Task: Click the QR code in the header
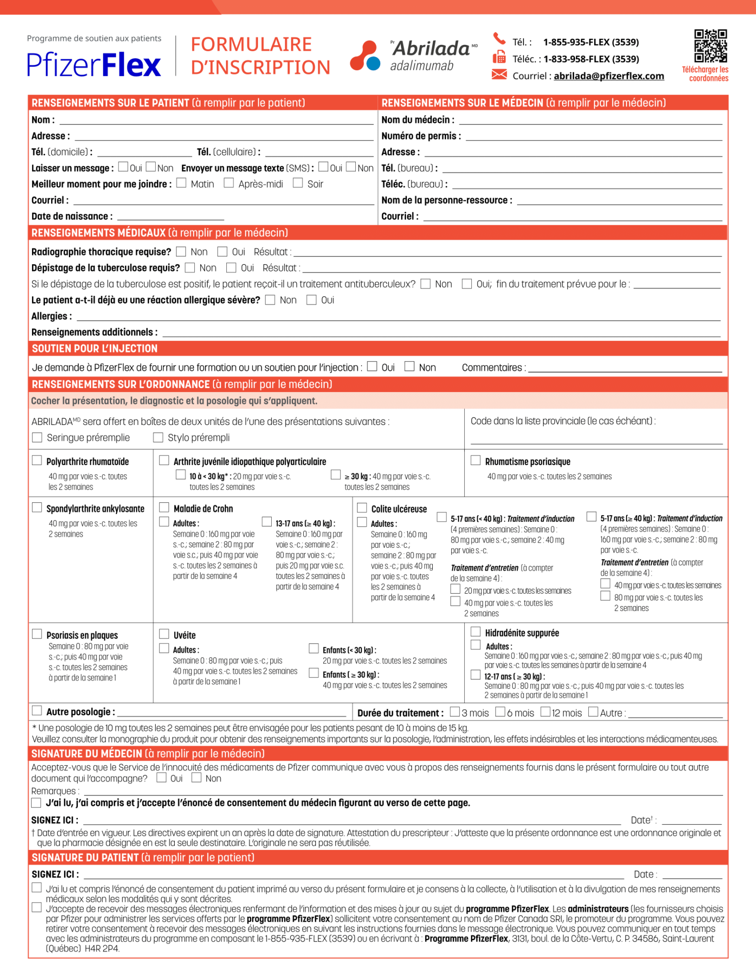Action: click(x=710, y=46)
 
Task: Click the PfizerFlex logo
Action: click(x=94, y=65)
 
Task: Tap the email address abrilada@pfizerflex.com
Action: click(x=608, y=76)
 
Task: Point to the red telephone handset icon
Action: click(x=499, y=38)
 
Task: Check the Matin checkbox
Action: click(x=181, y=183)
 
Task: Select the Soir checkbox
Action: click(x=298, y=183)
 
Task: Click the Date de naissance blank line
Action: click(x=170, y=216)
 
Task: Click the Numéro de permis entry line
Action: click(x=594, y=136)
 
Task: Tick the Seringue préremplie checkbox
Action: click(x=37, y=437)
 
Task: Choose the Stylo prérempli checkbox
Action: click(x=158, y=437)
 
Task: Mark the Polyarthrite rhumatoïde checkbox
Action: click(x=37, y=460)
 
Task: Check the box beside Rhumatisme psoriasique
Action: click(x=476, y=460)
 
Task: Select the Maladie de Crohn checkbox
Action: click(x=164, y=508)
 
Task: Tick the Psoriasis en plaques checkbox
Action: click(x=37, y=634)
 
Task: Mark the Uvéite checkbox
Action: click(x=164, y=634)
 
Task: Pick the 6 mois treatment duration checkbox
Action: click(x=500, y=712)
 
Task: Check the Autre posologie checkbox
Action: click(x=37, y=711)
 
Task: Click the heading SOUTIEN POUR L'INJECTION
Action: click(x=95, y=348)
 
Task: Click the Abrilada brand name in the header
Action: click(x=431, y=48)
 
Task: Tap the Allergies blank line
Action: click(x=398, y=316)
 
